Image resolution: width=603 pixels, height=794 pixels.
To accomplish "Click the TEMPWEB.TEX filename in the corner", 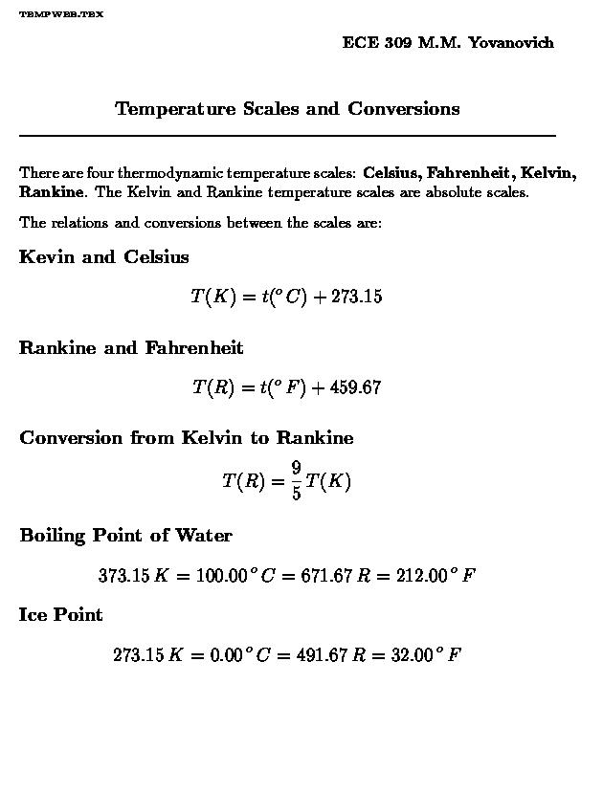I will (61, 15).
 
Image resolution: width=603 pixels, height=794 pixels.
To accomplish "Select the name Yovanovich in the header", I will (511, 43).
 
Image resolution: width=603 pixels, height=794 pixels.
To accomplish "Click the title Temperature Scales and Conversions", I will (287, 109).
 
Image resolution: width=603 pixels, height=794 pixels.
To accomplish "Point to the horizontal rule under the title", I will (287, 136).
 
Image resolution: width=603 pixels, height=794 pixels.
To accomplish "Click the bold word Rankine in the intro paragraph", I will (53, 191).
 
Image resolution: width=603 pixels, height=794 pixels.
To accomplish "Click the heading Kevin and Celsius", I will (103, 257).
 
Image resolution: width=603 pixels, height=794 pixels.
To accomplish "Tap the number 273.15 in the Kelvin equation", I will (356, 297).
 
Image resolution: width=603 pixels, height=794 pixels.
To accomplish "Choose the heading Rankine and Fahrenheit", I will (131, 348).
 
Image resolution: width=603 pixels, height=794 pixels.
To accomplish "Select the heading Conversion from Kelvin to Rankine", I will (187, 438).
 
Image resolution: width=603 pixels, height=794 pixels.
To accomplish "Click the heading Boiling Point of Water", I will (125, 536).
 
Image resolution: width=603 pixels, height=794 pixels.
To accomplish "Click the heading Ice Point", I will (60, 615).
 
